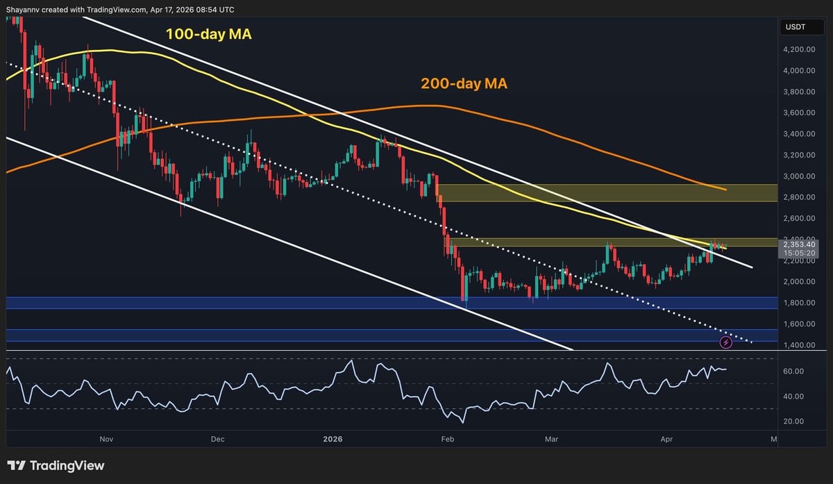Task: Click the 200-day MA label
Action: click(x=464, y=84)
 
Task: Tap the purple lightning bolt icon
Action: click(x=726, y=342)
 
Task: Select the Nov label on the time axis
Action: click(x=106, y=439)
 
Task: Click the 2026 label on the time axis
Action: click(x=333, y=439)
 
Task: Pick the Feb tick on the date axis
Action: click(x=448, y=439)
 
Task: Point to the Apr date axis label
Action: click(x=667, y=439)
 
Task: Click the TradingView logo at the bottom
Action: click(x=56, y=466)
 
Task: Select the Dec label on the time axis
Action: click(x=218, y=439)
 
